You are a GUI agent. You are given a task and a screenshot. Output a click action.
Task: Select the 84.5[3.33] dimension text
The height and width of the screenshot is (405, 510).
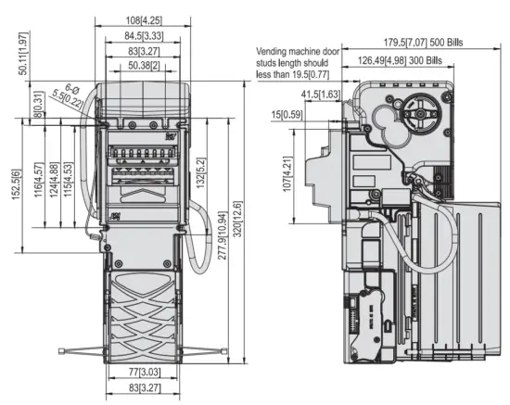[x=143, y=35]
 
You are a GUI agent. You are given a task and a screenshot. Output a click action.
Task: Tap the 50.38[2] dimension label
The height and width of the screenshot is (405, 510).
[x=143, y=66]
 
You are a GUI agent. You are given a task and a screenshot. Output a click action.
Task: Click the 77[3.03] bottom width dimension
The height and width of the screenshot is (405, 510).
[x=144, y=371]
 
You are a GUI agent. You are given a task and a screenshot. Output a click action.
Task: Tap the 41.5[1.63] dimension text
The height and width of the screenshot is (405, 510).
[x=319, y=95]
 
